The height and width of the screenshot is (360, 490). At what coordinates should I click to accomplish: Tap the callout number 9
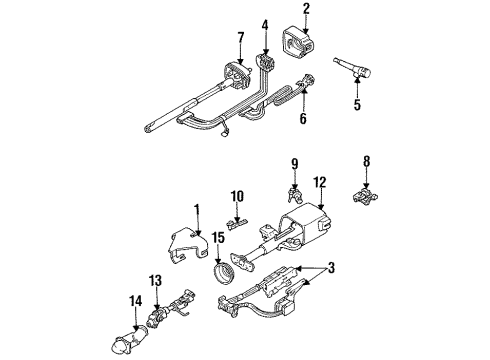(295, 163)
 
